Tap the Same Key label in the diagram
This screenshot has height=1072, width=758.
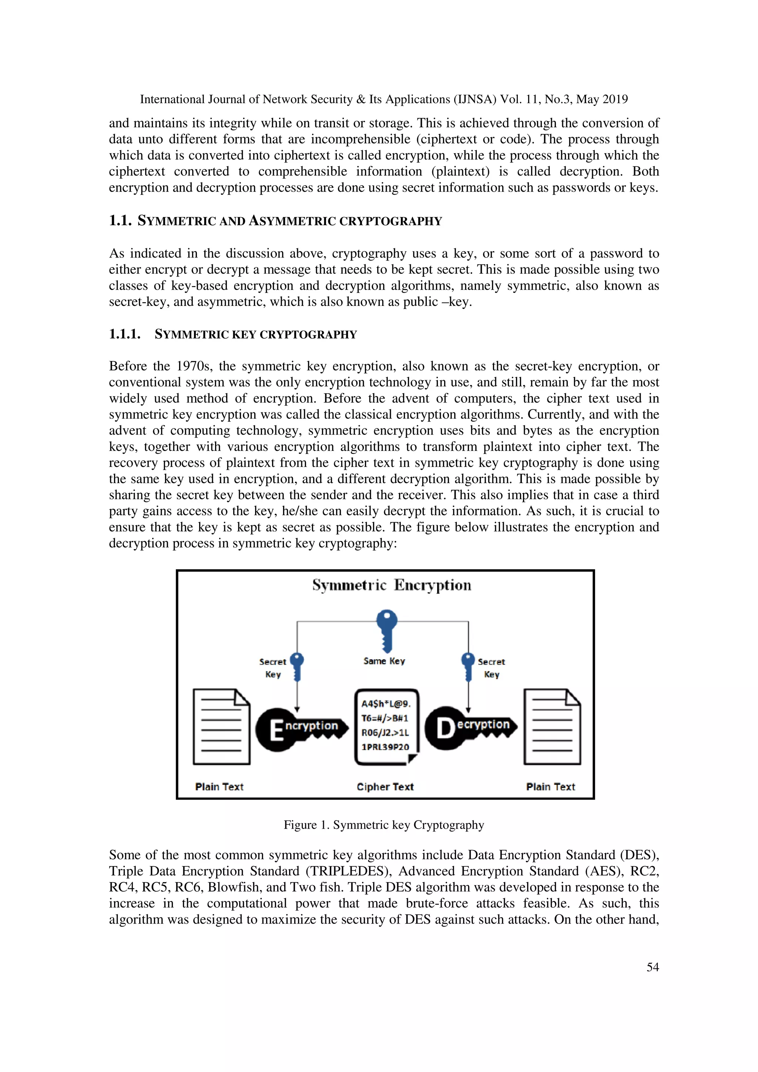(384, 661)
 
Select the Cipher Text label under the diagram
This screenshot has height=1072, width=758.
(385, 787)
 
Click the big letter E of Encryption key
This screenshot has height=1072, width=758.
(276, 730)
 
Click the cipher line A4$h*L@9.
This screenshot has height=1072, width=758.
(386, 704)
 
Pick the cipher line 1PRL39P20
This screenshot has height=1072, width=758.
(385, 746)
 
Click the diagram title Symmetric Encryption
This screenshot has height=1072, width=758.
(391, 585)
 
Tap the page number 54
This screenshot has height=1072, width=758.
(653, 967)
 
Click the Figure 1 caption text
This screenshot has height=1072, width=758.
(383, 825)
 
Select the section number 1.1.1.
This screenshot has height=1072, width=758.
(125, 334)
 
